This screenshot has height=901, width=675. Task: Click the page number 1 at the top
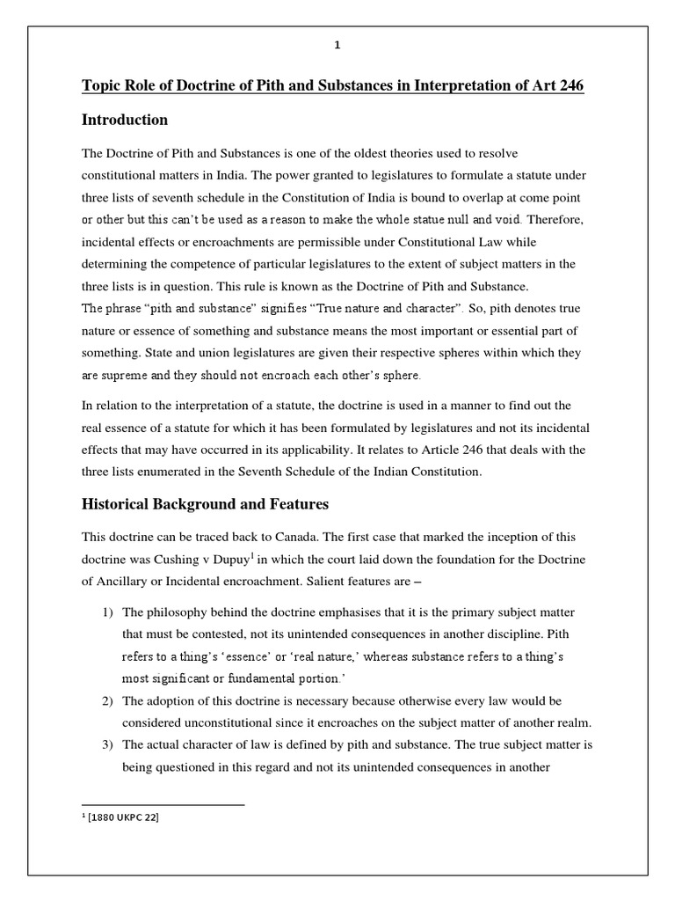(337, 48)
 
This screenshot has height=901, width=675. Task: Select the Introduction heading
(125, 120)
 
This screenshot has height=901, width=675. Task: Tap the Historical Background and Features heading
(205, 504)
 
